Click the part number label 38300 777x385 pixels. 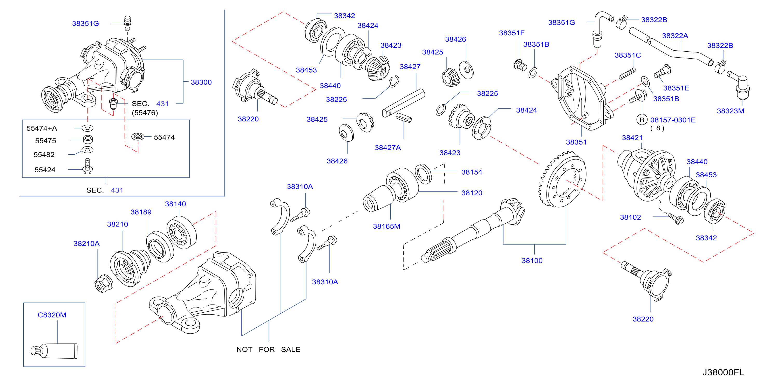[201, 82]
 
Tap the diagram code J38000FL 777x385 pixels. [723, 372]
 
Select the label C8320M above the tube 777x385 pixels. [52, 315]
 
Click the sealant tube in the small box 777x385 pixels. [54, 351]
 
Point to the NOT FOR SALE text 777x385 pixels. [268, 349]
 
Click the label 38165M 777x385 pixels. [386, 226]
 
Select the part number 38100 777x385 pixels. [532, 261]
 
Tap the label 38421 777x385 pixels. [632, 138]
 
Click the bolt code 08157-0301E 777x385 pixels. [673, 120]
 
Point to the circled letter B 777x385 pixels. [642, 120]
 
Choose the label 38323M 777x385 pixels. [731, 111]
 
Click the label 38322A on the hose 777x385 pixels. [675, 36]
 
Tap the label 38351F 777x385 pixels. [512, 33]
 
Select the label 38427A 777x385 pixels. [388, 148]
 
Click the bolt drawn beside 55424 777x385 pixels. [87, 166]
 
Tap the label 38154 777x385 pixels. [472, 172]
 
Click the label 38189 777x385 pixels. [141, 212]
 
